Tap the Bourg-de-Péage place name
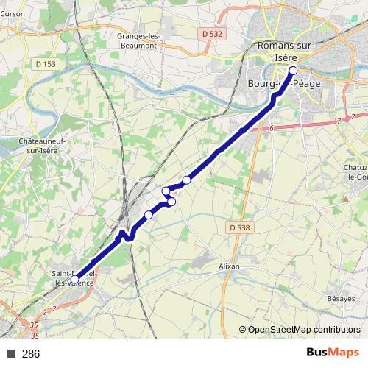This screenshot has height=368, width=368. [x=275, y=85]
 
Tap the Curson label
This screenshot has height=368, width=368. [x=15, y=13]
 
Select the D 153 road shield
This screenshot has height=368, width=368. [x=46, y=64]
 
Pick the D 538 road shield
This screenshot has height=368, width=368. [x=236, y=228]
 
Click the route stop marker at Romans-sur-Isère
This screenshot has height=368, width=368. [x=293, y=71]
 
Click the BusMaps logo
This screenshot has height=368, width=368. [x=333, y=353]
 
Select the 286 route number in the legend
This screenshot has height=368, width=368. [x=31, y=354]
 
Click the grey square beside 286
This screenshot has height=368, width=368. [x=12, y=354]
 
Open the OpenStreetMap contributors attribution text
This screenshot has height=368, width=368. [x=303, y=330]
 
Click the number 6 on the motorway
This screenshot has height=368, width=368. [x=271, y=129]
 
